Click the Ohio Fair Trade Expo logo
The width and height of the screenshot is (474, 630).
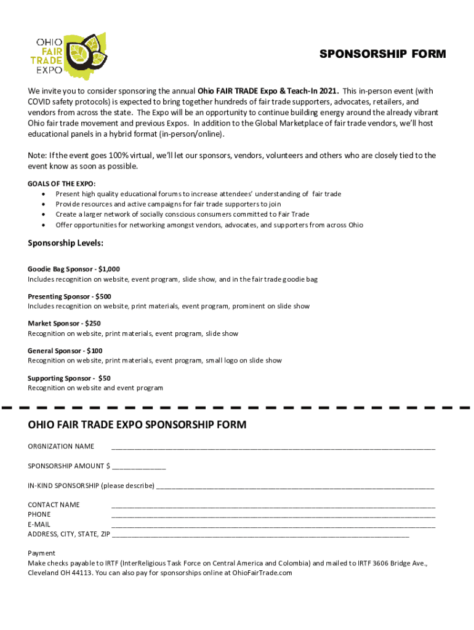(x=68, y=54)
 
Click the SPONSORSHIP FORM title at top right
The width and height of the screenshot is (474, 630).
(x=382, y=54)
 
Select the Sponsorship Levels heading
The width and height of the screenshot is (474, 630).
(x=65, y=243)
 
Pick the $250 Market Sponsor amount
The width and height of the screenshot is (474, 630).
(x=93, y=324)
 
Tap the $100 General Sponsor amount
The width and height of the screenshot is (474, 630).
(x=94, y=351)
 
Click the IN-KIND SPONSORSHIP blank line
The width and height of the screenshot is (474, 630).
(x=295, y=487)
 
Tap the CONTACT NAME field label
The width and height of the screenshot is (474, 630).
(x=54, y=504)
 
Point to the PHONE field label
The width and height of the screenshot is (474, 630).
(x=39, y=514)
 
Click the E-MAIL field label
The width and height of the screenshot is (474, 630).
(x=39, y=524)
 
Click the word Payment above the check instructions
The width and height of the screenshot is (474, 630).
(x=41, y=553)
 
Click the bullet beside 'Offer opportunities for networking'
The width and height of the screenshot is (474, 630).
(x=42, y=225)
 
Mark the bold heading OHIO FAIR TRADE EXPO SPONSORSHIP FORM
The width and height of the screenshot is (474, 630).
(x=137, y=425)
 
